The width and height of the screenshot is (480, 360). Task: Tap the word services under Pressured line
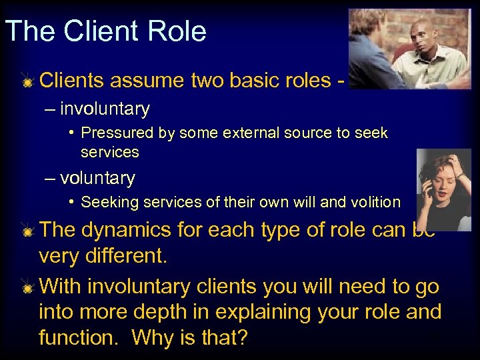click(109, 152)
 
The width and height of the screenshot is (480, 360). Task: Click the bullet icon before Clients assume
click(27, 82)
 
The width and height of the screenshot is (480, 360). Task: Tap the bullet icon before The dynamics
click(27, 231)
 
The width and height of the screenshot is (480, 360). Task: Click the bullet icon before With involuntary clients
click(27, 288)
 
